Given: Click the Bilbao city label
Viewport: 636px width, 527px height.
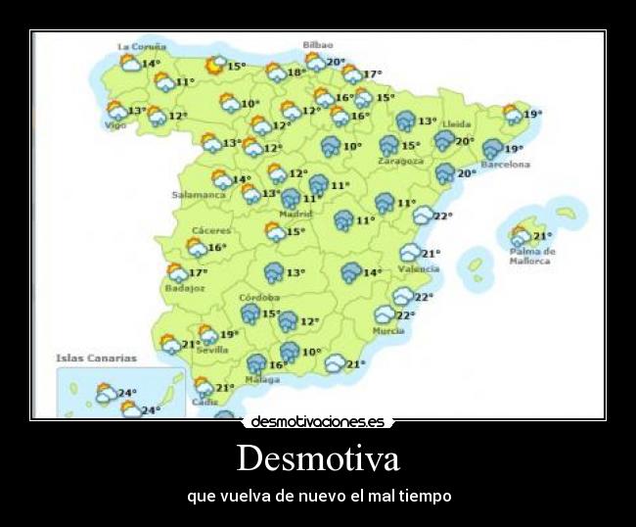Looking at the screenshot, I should click(x=317, y=45).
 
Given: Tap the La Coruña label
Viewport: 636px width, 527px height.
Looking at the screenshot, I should click(x=142, y=46).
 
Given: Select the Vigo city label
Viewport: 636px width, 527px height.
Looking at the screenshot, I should click(x=115, y=125).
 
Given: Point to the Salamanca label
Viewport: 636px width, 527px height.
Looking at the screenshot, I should click(x=200, y=194).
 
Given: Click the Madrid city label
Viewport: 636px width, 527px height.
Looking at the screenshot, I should click(x=295, y=214).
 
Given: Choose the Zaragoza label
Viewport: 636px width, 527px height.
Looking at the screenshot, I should click(x=401, y=161).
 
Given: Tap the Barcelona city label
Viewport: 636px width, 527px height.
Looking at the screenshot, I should click(x=506, y=165).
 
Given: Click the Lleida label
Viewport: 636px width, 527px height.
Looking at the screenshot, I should click(x=457, y=124).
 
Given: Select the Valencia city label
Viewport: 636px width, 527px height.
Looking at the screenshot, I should click(x=419, y=268).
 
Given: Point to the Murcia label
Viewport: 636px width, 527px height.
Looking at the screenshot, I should click(x=387, y=331).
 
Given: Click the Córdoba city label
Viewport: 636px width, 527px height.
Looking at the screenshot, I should click(x=259, y=297).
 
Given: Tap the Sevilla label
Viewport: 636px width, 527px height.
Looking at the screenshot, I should click(x=212, y=350).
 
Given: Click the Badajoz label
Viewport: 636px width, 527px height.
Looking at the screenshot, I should click(x=185, y=288).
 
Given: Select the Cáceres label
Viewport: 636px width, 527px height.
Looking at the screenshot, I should click(x=211, y=230).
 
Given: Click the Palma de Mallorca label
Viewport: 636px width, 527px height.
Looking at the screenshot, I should click(x=532, y=256).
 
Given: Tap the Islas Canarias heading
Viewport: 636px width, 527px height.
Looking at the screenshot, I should click(x=96, y=359).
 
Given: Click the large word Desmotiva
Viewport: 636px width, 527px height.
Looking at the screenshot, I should click(x=318, y=457).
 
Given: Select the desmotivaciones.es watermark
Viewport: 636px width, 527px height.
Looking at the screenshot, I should click(x=318, y=422).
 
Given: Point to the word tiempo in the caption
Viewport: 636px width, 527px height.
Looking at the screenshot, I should click(x=427, y=496).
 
